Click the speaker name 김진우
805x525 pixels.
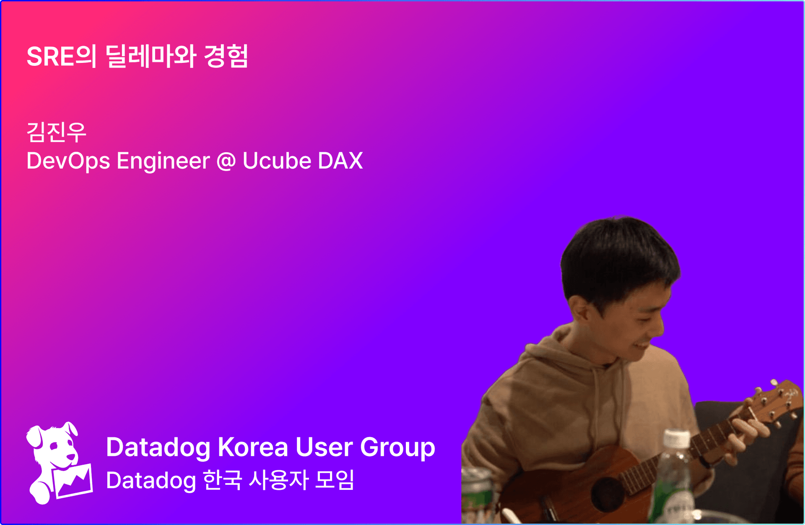56,132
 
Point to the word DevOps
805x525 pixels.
68,161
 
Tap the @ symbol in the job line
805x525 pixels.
226,161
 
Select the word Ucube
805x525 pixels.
277,161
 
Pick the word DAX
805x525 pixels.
340,161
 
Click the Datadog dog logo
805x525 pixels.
59,463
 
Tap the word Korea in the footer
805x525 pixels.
253,447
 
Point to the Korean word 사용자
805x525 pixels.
279,480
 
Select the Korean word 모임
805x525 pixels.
335,480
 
